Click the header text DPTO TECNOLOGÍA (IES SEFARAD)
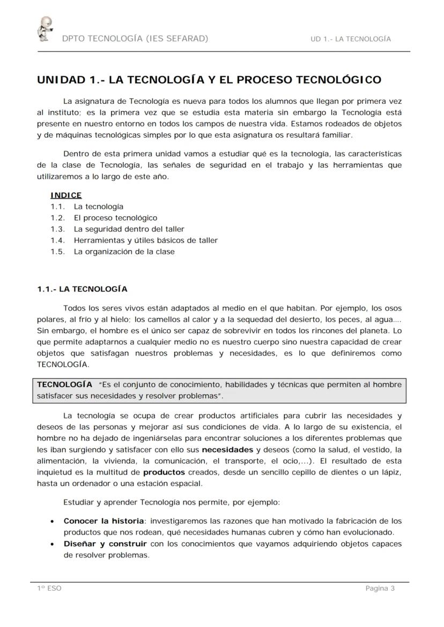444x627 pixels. tap(135, 39)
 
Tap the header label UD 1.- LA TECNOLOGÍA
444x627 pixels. tap(351, 39)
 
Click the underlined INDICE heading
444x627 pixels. tap(66, 195)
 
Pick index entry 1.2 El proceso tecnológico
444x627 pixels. tap(115, 218)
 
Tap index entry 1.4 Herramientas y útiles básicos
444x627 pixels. tap(145, 240)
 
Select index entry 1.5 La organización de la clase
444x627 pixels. tap(124, 252)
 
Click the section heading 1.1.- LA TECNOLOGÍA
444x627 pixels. tap(82, 289)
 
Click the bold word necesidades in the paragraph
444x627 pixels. tap(227, 449)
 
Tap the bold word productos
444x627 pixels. tap(164, 472)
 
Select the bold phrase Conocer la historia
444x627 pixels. tap(105, 521)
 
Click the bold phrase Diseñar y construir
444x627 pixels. tap(105, 544)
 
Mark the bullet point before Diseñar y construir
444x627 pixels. tap(52, 545)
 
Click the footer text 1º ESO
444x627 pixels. tap(49, 588)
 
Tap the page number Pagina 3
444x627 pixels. tap(380, 588)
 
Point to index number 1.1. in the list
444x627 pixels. tap(58, 207)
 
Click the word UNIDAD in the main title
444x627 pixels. tap(61, 80)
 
